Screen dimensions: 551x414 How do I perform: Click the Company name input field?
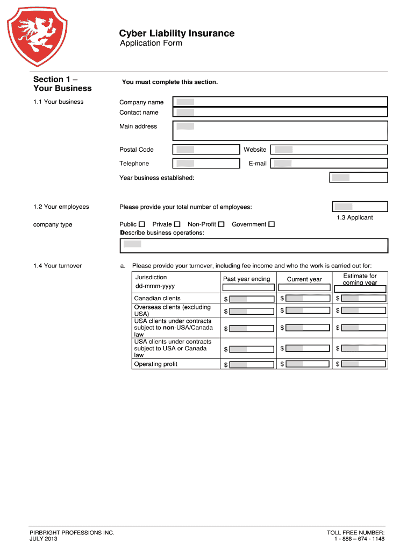point(280,102)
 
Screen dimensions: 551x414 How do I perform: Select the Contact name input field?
point(280,112)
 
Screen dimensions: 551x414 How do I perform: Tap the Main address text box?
point(280,131)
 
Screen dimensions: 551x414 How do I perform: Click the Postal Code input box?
point(206,150)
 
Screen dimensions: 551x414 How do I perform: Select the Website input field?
point(329,150)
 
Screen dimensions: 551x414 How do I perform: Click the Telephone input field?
point(206,164)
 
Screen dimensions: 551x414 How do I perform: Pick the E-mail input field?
point(329,164)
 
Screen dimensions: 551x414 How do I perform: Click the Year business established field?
point(358,178)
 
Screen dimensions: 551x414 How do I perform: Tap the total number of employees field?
point(360,207)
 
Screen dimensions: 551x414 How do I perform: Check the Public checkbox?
point(142,224)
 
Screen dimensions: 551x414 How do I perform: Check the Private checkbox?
point(177,224)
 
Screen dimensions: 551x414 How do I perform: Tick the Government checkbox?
point(272,224)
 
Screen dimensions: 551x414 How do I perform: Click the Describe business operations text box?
point(254,245)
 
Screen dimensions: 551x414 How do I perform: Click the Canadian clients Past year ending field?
point(252,299)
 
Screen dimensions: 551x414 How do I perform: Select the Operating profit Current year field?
point(308,364)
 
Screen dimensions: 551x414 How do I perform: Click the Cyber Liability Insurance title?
point(177,33)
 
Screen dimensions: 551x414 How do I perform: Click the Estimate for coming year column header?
point(360,279)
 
